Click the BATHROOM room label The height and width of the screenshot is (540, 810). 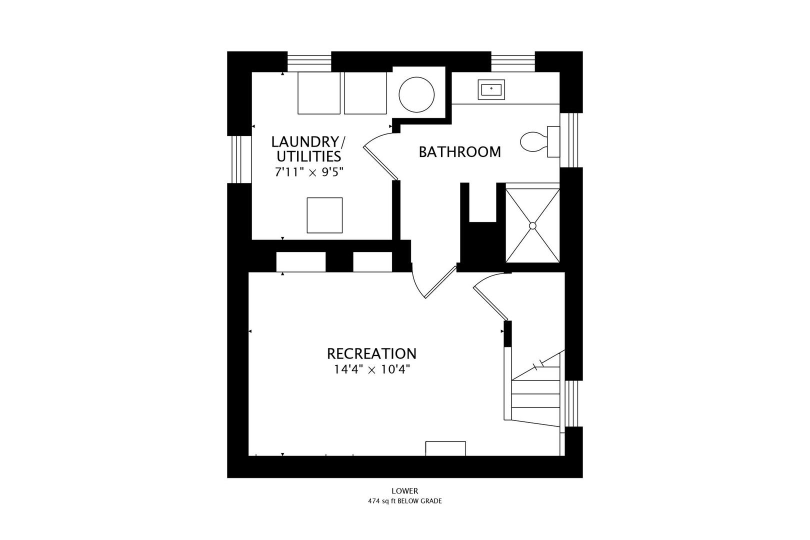pos(459,152)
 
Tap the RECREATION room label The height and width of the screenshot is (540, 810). pos(371,353)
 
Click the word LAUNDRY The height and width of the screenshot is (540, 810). pos(304,141)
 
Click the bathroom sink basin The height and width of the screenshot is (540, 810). pos(491,89)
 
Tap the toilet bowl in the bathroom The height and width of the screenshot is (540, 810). pos(533,141)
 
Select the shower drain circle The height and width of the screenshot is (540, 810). pos(532,225)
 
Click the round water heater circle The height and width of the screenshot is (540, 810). pos(416,95)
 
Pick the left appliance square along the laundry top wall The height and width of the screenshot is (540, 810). pos(319,93)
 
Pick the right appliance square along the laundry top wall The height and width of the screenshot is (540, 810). pos(365,93)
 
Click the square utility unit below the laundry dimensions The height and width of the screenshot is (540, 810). pos(324,215)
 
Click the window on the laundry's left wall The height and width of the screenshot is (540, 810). pos(239,159)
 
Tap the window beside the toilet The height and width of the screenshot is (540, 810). pos(571,140)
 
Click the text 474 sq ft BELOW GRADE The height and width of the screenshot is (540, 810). pos(405,501)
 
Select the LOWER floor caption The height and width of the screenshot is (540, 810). pos(405,491)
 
